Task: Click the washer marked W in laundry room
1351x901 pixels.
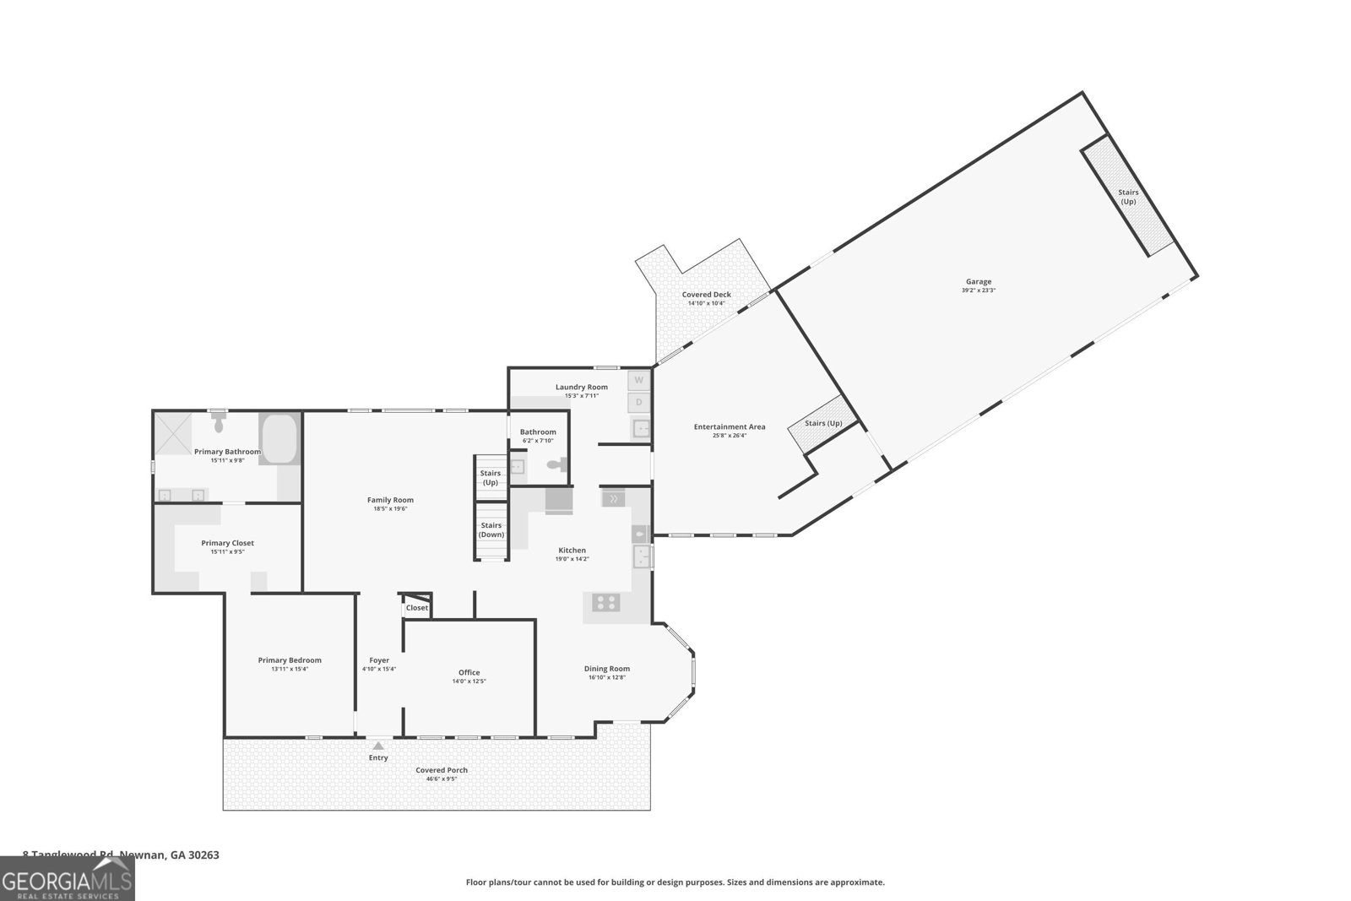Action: (639, 379)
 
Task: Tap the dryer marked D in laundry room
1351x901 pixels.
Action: (639, 403)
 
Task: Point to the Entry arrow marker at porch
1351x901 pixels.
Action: (378, 746)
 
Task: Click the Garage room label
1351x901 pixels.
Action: (979, 282)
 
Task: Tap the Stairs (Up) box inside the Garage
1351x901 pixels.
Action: (1128, 196)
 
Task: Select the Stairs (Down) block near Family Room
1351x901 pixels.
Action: (491, 530)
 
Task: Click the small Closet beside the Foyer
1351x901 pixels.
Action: (416, 607)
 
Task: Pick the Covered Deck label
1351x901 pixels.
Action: (706, 295)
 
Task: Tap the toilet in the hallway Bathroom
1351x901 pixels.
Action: (556, 464)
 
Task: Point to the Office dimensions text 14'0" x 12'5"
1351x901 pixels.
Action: (469, 681)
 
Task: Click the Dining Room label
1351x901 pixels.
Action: (607, 669)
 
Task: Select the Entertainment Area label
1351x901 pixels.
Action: (730, 426)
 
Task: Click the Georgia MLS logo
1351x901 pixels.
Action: (67, 878)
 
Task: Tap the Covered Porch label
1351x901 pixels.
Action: (442, 770)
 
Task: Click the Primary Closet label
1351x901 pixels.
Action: (227, 543)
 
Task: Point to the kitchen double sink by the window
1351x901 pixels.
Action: (643, 557)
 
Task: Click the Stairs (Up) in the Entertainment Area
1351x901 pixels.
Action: (822, 423)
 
